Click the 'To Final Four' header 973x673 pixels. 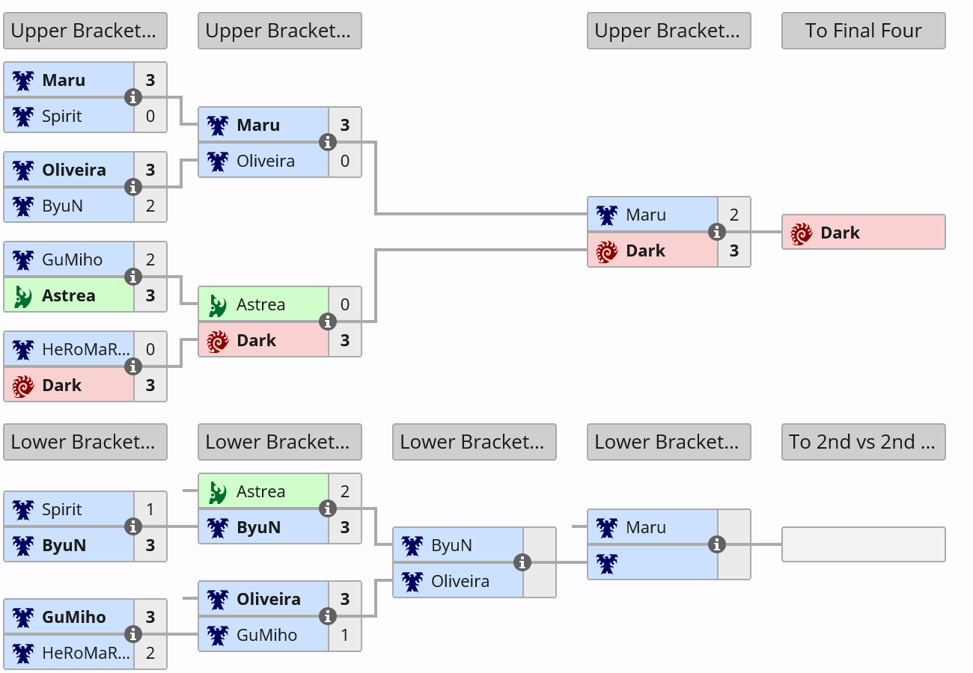point(863,31)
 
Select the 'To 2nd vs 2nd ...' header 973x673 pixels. point(863,442)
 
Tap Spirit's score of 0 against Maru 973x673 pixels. point(150,116)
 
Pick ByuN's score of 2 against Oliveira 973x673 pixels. point(150,206)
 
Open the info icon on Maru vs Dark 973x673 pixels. point(717,232)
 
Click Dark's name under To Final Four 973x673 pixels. point(840,233)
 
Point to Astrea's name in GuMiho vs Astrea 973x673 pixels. point(69,295)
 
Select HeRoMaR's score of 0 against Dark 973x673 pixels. point(150,349)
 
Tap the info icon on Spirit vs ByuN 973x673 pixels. point(133,526)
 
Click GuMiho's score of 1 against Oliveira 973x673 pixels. point(345,635)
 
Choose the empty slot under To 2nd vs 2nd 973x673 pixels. point(864,544)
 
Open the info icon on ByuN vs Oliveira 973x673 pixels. point(522,562)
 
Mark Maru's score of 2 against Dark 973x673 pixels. point(734,215)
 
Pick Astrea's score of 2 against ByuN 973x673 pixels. point(345,491)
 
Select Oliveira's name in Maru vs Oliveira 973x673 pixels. point(266,161)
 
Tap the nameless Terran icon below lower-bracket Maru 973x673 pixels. point(607,564)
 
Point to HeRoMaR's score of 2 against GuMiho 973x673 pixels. point(150,653)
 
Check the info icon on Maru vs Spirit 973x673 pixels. point(133,97)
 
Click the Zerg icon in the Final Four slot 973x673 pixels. point(802,233)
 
